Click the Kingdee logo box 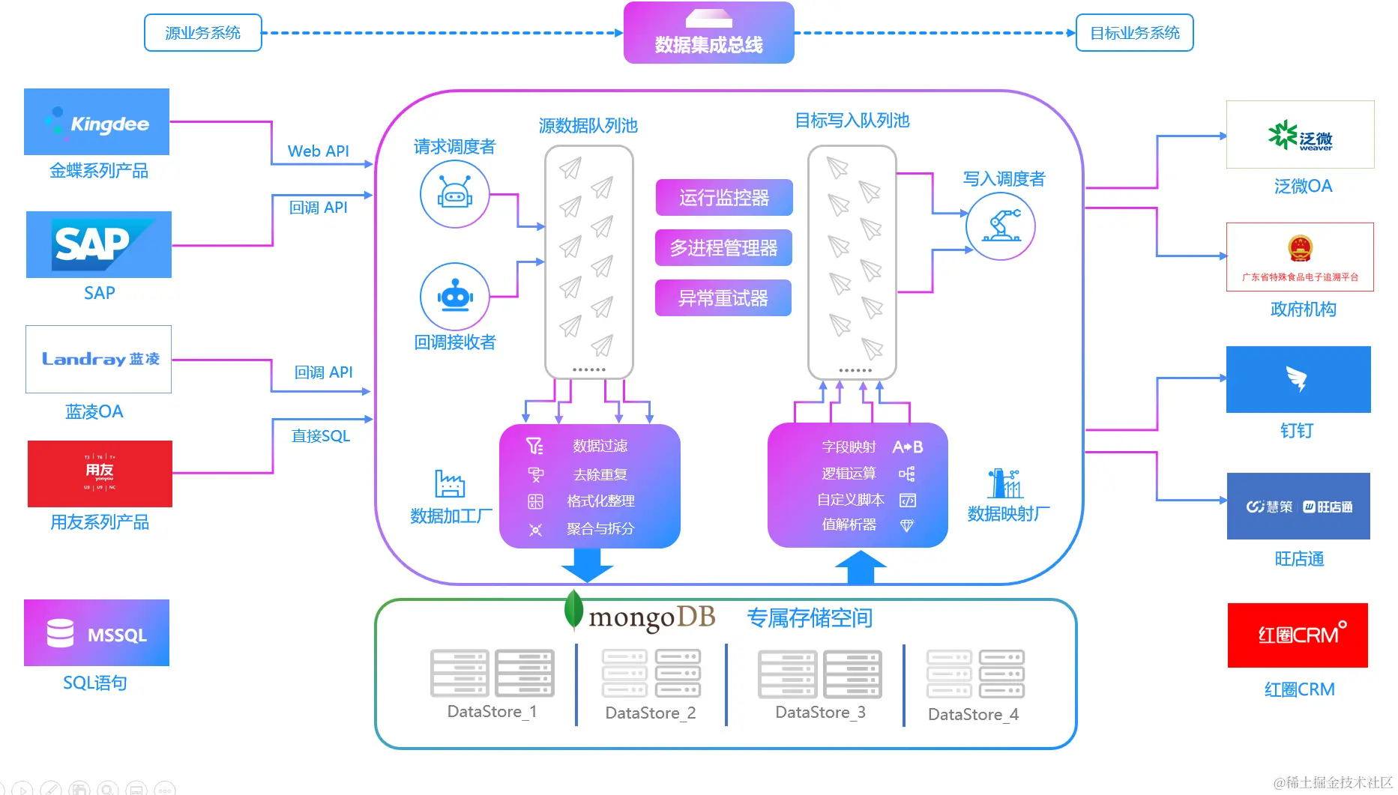point(97,122)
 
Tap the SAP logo point(99,245)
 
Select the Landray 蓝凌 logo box point(98,359)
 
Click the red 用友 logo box point(100,474)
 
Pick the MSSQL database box point(97,633)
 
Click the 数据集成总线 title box point(708,33)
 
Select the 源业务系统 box point(203,33)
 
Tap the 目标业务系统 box point(1134,33)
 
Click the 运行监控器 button point(724,198)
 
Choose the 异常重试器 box point(723,298)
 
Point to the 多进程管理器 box point(723,248)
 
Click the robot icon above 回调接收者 point(455,297)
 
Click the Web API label point(319,151)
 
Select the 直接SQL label point(321,436)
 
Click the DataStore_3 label point(820,713)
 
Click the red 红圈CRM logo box point(1298,635)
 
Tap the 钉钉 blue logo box point(1298,379)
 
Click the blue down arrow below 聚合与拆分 point(587,565)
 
